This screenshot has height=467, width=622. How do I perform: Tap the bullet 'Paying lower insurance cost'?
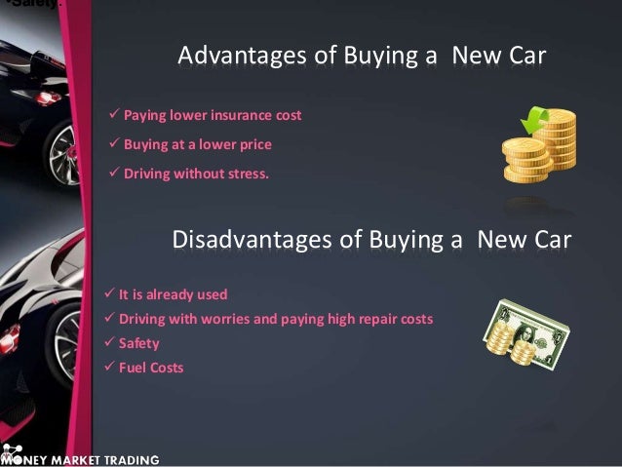coord(213,116)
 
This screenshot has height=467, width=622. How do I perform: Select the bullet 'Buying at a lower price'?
coord(197,145)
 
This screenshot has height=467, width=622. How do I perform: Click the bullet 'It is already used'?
coord(173,293)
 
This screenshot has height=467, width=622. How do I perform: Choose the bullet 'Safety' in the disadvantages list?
coord(138,343)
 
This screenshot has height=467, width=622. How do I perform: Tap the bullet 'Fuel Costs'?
coord(150,369)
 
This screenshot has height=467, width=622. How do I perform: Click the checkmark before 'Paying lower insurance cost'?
coord(114,116)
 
